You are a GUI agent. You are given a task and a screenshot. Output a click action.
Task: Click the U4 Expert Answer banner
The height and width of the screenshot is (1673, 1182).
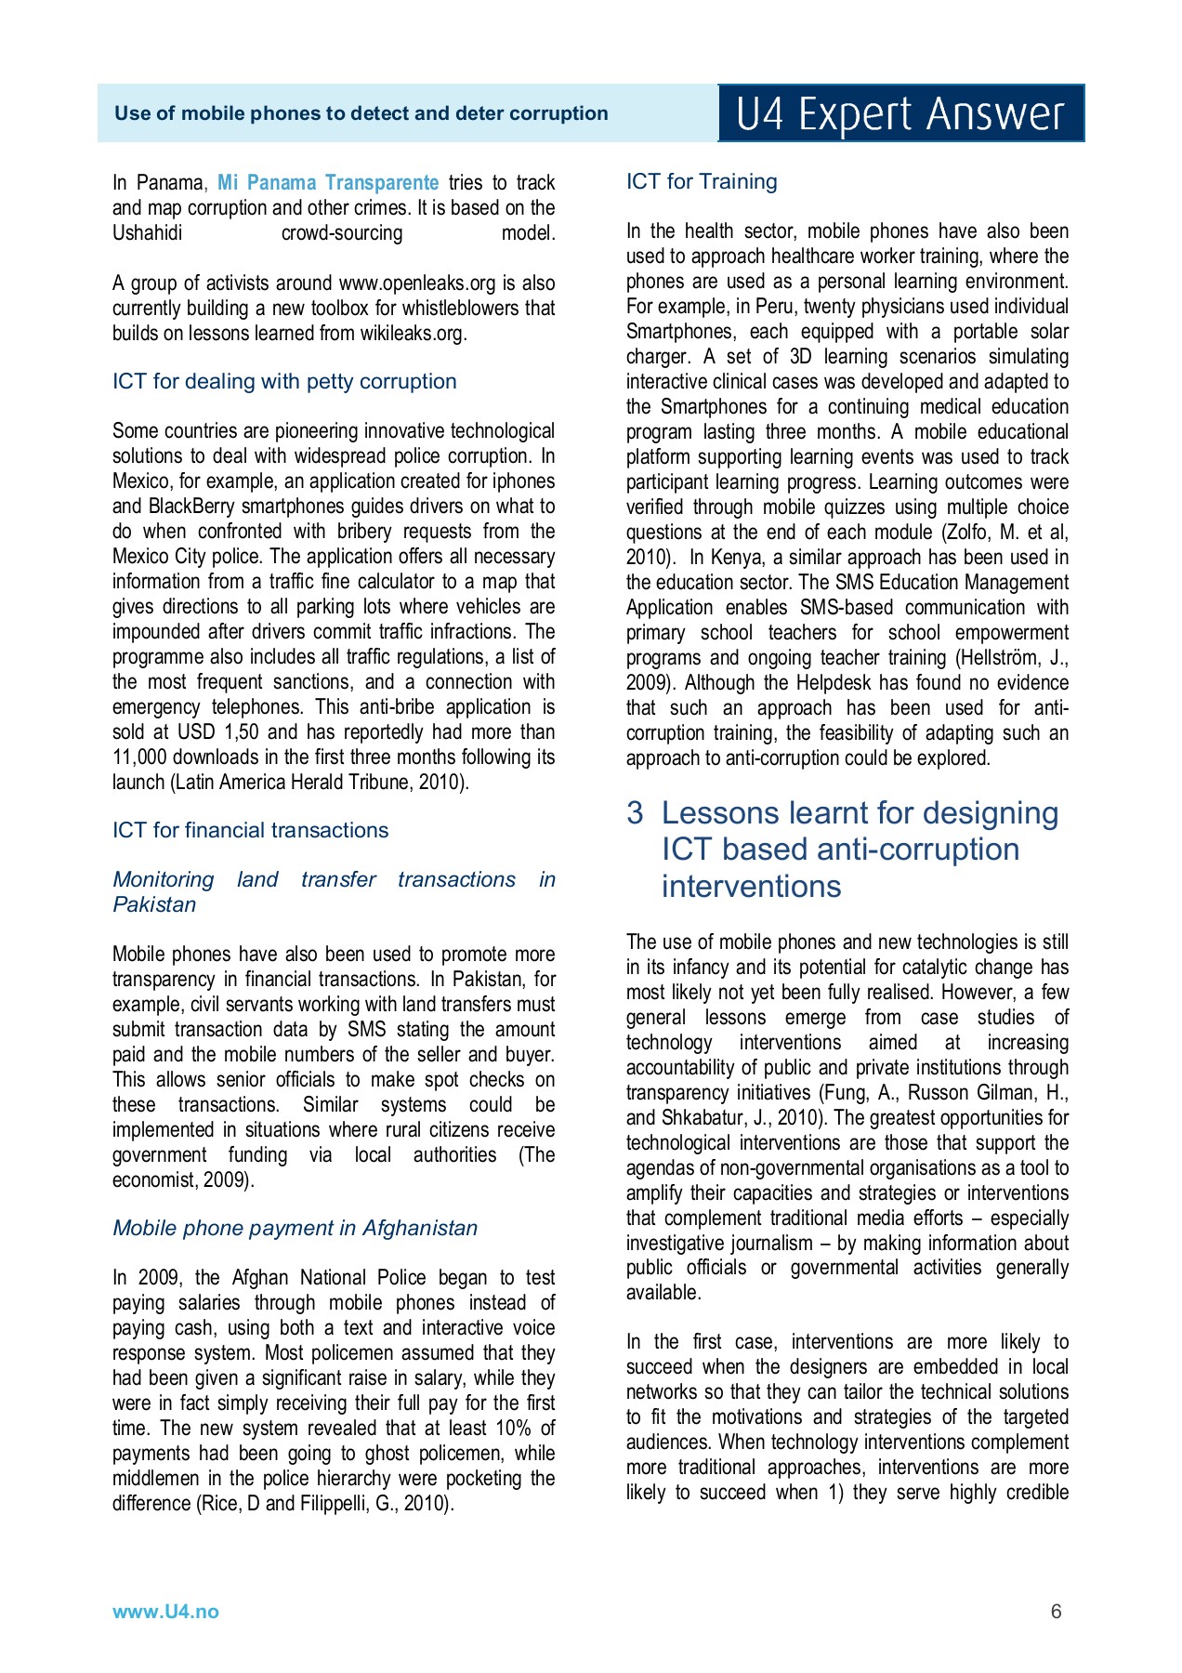(x=900, y=113)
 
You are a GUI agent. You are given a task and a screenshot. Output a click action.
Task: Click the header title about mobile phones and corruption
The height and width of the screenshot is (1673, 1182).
(x=361, y=113)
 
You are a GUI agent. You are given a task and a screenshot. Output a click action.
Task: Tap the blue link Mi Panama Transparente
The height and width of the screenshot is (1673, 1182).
(x=328, y=182)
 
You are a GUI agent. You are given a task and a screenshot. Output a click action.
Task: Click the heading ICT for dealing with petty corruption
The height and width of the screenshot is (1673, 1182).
(x=284, y=381)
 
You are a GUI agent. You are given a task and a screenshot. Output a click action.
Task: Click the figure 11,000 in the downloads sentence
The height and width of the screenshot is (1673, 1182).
(x=140, y=757)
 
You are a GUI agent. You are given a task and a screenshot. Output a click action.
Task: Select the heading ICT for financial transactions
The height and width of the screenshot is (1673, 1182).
(x=250, y=830)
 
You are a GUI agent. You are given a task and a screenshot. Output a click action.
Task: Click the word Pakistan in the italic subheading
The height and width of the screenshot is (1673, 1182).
(x=154, y=904)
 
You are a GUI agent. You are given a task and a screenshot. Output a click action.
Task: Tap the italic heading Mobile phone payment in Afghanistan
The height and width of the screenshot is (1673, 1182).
(x=295, y=1228)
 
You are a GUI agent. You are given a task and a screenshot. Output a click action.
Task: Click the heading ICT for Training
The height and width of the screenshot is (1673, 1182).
(x=702, y=181)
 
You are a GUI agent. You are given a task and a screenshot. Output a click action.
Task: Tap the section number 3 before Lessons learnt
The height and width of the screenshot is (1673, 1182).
(x=635, y=813)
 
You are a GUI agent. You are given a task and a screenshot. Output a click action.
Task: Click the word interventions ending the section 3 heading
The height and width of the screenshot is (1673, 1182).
(x=751, y=886)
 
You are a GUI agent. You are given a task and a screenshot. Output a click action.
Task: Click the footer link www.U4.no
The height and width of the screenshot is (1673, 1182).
(x=165, y=1612)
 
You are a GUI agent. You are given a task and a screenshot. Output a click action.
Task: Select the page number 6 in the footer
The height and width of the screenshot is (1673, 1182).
(x=1056, y=1612)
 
